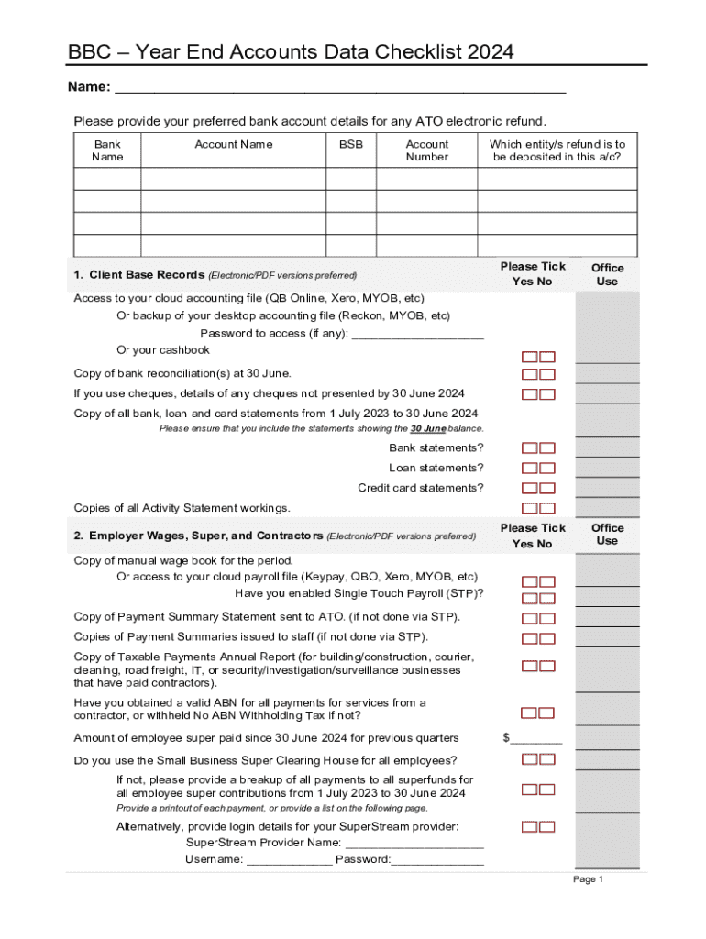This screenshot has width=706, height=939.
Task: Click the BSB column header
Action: click(350, 144)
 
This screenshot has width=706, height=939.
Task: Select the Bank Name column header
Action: click(107, 150)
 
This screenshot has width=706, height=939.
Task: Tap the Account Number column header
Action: click(426, 150)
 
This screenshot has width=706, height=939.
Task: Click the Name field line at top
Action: click(339, 89)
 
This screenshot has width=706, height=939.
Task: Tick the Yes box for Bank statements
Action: click(530, 448)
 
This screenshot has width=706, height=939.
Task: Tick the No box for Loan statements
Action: click(547, 469)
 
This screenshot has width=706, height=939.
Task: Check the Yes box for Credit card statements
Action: click(530, 489)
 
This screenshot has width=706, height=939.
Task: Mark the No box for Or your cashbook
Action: click(547, 357)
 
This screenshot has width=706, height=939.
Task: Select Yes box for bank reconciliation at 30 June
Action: click(530, 374)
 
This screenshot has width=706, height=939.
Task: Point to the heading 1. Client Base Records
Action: click(138, 275)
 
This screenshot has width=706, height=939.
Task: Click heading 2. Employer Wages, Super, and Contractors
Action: click(198, 536)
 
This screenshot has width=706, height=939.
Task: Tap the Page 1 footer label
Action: click(588, 879)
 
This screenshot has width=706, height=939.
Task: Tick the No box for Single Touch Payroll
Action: click(547, 599)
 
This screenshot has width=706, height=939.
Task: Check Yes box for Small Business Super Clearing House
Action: click(530, 758)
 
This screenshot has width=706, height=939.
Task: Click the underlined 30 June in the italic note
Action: click(427, 429)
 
